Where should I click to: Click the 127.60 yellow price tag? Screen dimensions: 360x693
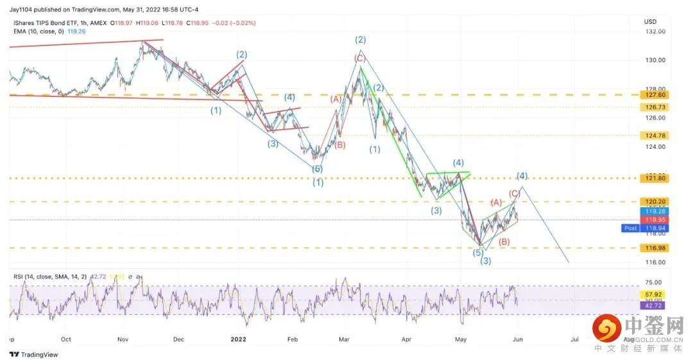click(654, 94)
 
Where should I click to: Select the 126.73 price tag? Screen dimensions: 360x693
click(654, 107)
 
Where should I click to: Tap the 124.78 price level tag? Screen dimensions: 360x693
click(654, 135)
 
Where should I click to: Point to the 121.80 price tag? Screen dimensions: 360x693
click(654, 178)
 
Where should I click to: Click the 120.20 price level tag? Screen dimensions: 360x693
click(654, 201)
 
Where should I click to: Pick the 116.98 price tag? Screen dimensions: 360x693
click(654, 248)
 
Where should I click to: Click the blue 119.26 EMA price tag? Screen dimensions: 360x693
click(654, 210)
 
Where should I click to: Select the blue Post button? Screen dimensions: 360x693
click(630, 228)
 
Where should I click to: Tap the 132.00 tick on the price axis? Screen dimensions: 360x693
click(654, 31)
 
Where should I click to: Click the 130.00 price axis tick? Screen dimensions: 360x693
click(654, 60)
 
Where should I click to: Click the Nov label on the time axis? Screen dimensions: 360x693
click(123, 338)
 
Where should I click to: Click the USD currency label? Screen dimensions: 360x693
click(650, 21)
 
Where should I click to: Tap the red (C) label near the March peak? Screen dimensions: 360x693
click(359, 58)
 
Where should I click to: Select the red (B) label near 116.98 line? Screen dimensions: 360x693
click(504, 241)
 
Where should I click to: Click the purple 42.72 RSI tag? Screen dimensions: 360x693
click(654, 306)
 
